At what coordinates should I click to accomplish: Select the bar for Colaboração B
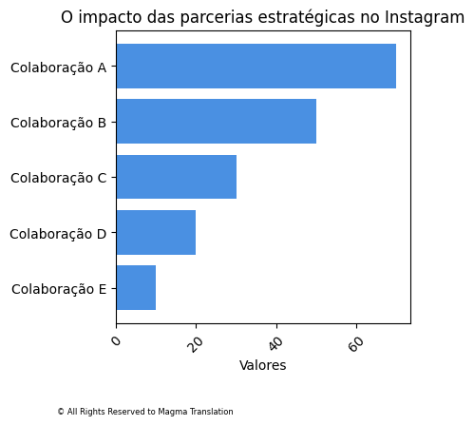[x=216, y=122]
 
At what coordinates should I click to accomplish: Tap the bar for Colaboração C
[x=176, y=177]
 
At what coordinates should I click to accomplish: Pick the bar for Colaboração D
[x=156, y=233]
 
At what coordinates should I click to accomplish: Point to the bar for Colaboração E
[x=136, y=288]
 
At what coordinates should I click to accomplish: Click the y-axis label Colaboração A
[x=58, y=68]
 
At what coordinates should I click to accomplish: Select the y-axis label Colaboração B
[x=58, y=123]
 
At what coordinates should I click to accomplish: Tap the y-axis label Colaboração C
[x=58, y=178]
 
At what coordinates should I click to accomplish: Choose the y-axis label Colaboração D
[x=58, y=234]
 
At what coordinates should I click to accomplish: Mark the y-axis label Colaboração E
[x=58, y=289]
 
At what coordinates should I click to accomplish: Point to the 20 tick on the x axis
[x=196, y=343]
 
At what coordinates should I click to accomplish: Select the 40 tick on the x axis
[x=276, y=343]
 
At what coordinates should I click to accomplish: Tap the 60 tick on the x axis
[x=356, y=343]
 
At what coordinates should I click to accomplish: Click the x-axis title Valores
[x=263, y=365]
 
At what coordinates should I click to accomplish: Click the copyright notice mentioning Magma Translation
[x=144, y=412]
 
